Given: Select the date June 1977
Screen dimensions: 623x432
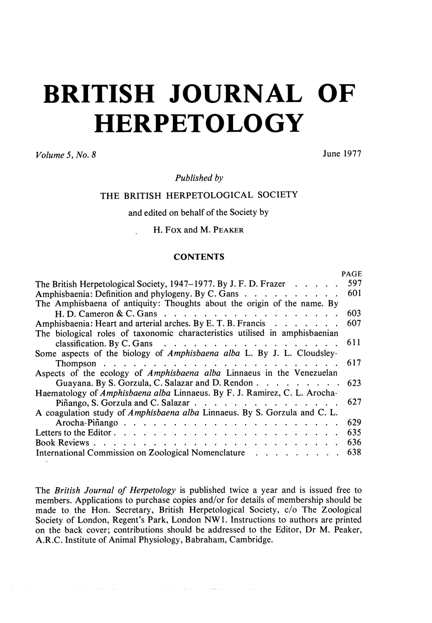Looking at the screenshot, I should (x=342, y=155).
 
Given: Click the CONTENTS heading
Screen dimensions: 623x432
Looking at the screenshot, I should (x=199, y=257).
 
